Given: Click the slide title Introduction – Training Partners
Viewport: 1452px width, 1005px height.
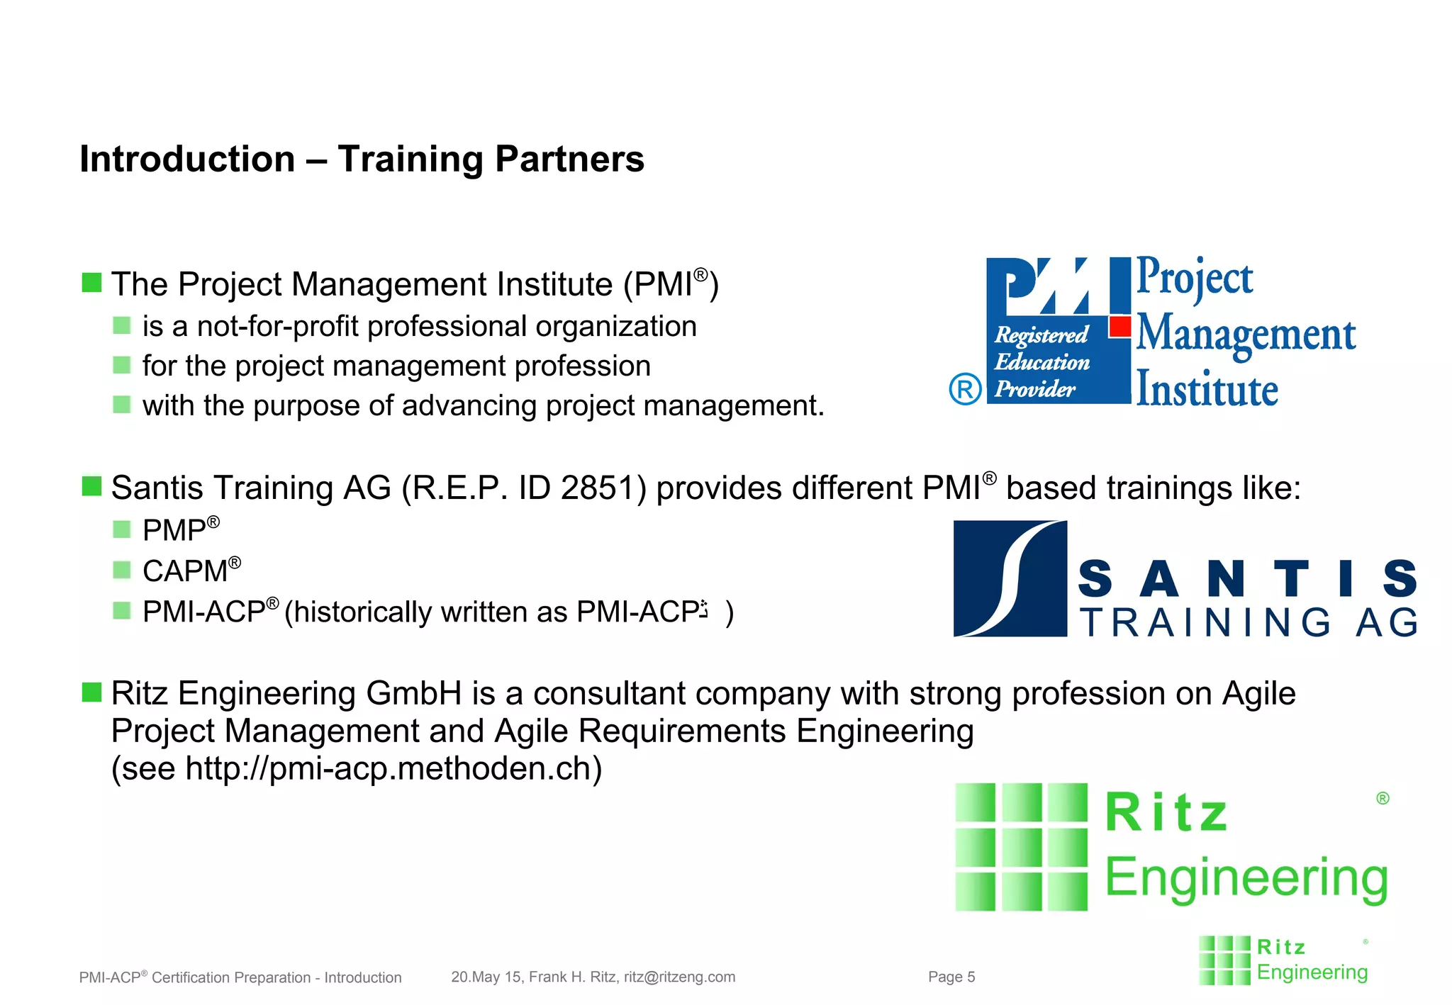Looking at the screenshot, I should coord(362,159).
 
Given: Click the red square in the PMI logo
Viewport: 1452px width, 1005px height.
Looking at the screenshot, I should coord(1120,327).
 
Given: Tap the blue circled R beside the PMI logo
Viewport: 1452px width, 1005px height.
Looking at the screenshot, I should coord(965,389).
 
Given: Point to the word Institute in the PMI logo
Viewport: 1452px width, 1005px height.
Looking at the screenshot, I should coord(1207,390).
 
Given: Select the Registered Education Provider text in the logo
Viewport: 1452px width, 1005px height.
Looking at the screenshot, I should coord(1041,361).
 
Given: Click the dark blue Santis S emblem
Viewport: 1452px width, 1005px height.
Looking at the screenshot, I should coord(1010,578).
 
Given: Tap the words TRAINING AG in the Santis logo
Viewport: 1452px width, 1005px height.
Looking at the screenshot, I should coord(1248,623).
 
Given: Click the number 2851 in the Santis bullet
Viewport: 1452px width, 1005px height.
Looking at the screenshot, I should coord(603,488).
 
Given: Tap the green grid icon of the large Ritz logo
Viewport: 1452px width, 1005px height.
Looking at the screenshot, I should coord(1021,846).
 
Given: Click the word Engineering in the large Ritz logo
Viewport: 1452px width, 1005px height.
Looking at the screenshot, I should coord(1246,878).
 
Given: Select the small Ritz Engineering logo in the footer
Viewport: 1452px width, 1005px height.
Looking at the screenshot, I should coord(1283,960).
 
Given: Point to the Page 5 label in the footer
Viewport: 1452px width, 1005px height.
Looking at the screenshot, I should coord(951,977).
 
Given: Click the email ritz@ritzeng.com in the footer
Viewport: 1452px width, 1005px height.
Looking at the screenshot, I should coord(679,977).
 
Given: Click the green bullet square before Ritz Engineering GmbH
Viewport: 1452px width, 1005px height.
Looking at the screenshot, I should coord(91,692).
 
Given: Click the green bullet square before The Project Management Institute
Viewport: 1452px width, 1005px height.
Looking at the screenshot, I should coord(91,283).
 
